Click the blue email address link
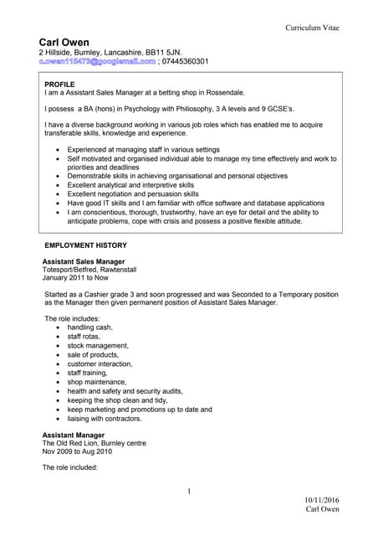[97, 62]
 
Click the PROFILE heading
[59, 85]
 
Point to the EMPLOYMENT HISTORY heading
[85, 245]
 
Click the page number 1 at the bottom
[189, 492]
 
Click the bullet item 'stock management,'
[99, 345]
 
